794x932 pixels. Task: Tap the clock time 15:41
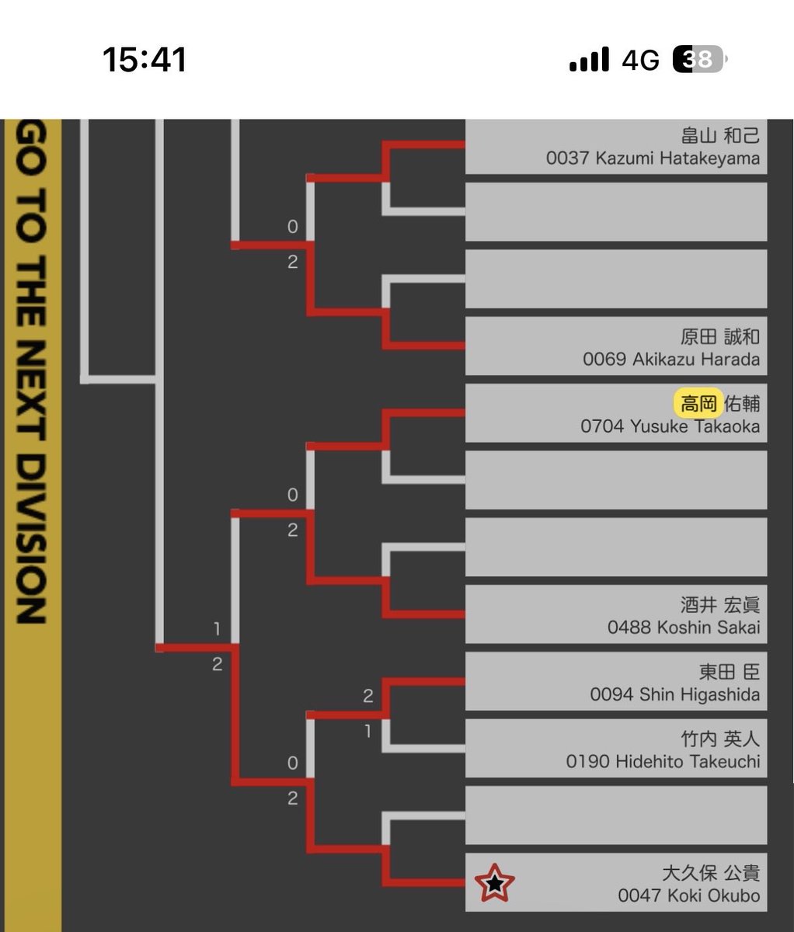(145, 60)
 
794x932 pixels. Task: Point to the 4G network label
(641, 60)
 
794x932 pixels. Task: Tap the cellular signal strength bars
(589, 59)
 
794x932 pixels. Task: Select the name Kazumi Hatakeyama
(677, 158)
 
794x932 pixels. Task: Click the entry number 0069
(604, 360)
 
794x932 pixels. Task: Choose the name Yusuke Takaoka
(695, 426)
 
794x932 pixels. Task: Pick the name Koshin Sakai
(709, 628)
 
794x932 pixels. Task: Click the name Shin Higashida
(700, 694)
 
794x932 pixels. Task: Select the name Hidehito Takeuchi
(688, 762)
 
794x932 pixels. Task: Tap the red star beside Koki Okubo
(494, 883)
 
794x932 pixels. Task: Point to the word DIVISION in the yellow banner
(31, 539)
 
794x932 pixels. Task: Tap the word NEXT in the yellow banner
(31, 390)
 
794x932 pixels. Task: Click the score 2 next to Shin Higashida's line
(368, 696)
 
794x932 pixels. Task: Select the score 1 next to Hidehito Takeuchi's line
(368, 731)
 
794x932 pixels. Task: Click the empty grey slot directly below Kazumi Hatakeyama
(616, 211)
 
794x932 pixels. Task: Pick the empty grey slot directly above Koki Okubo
(616, 815)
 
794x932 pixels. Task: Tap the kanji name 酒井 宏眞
(720, 605)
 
